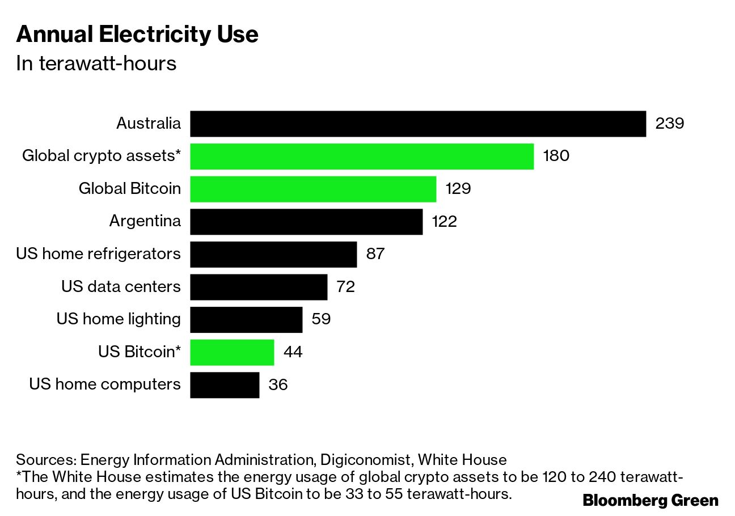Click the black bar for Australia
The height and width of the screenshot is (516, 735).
point(418,124)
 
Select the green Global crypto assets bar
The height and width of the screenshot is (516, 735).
point(362,157)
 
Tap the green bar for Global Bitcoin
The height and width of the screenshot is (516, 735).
point(313,189)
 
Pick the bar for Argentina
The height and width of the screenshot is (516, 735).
point(306,222)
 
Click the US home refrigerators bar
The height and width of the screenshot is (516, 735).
point(273,254)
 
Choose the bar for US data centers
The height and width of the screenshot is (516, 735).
point(259,287)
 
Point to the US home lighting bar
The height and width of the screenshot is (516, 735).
point(246,319)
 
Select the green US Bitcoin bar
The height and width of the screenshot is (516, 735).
point(232,352)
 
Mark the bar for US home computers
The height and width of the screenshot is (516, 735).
point(225,385)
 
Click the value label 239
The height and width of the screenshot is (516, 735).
point(670,124)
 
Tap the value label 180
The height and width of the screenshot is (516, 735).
point(556,157)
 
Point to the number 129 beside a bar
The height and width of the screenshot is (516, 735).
point(458,189)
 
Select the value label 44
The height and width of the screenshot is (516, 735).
point(293,352)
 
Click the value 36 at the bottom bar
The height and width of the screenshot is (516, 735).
point(278,385)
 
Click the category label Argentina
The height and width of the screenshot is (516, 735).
point(145,221)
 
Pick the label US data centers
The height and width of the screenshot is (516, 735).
point(121,287)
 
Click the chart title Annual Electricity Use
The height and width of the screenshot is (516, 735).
point(137,35)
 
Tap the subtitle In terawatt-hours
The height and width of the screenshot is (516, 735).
point(96,64)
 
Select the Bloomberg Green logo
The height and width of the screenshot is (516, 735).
point(650,501)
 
